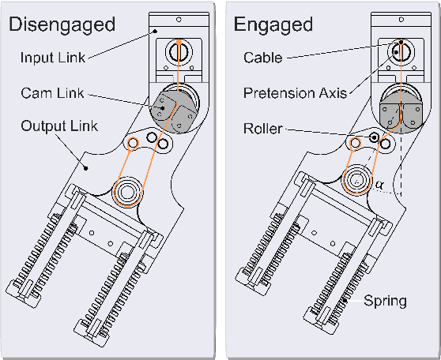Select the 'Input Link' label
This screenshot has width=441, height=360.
pos(53,57)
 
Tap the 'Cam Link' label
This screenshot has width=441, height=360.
pos(51,93)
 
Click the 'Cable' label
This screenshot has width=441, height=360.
pos(263,58)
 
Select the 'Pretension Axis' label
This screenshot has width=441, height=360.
pos(295,93)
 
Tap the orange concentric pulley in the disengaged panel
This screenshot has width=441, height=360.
pos(126,190)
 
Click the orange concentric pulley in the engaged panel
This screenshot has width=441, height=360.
pos(355,181)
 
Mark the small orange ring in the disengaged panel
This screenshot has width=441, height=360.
pos(134,142)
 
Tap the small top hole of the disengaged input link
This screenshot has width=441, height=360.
pos(179,19)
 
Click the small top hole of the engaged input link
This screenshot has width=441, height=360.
pos(401,19)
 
